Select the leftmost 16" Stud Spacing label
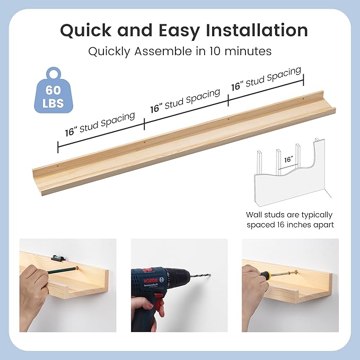[x=100, y=125]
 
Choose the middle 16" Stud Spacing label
[x=185, y=101]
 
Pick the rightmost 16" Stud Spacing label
[x=266, y=78]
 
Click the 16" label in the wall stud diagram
[x=288, y=159]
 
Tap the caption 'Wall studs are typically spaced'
[x=289, y=215]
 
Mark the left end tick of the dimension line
[x=57, y=146]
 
